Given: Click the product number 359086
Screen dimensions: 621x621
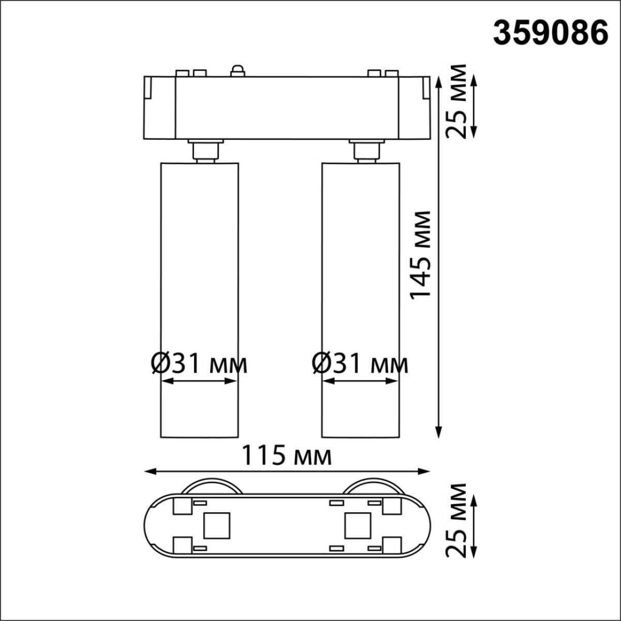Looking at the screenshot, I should (x=550, y=34).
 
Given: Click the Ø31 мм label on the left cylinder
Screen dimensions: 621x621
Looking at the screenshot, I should (x=199, y=364).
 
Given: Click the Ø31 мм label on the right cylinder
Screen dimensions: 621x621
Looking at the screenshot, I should (x=360, y=364).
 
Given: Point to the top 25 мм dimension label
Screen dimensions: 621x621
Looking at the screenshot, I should (x=457, y=101).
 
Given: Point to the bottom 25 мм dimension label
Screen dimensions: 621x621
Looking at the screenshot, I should (x=457, y=520).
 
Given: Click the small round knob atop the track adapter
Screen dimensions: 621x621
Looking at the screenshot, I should (x=238, y=70).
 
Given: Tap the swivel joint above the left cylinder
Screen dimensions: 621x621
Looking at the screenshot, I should (x=205, y=151).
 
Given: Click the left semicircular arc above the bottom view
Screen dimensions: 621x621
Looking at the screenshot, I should (x=211, y=485).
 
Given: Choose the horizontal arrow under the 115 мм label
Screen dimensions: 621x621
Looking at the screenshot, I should (x=287, y=471).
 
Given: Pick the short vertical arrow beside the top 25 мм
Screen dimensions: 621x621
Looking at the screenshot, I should (x=475, y=107).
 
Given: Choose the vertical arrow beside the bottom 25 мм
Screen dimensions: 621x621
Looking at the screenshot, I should (x=475, y=524).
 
